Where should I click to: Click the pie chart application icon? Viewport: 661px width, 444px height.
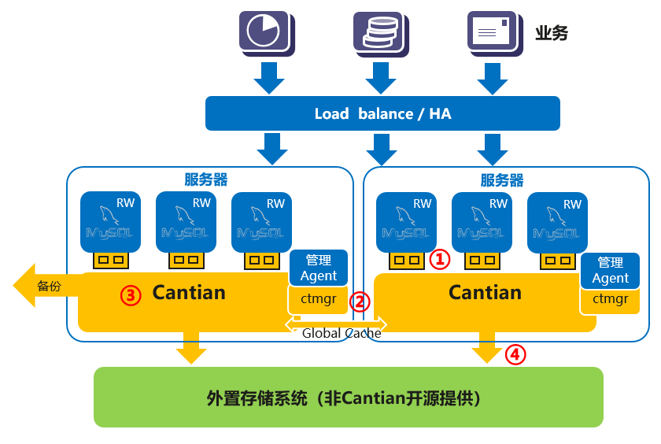[267, 33]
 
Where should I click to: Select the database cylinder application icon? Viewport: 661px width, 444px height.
[381, 34]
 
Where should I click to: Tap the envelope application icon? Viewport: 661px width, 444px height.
[495, 33]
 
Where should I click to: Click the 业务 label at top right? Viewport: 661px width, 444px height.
[552, 33]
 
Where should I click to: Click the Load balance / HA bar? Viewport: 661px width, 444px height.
[382, 113]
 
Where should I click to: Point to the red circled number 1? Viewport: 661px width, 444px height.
[440, 259]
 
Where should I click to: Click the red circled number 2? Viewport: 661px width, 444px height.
[360, 302]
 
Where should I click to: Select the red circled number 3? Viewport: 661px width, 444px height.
[131, 295]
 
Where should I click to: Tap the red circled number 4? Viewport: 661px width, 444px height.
[515, 354]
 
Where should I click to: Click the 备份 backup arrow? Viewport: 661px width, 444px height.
[46, 286]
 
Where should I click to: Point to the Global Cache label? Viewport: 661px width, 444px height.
[342, 333]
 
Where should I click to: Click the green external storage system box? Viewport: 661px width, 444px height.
[348, 398]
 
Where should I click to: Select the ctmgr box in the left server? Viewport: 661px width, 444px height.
[318, 299]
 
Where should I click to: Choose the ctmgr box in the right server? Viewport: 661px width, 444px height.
[610, 300]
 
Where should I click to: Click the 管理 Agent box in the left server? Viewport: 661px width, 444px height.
[318, 268]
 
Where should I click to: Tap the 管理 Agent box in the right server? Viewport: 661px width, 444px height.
[610, 271]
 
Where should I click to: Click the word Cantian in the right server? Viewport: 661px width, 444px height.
[485, 293]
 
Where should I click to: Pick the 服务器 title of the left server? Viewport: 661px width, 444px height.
[205, 179]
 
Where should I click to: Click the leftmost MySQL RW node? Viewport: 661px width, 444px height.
[110, 222]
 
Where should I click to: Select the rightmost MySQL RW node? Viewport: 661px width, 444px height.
[557, 223]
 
